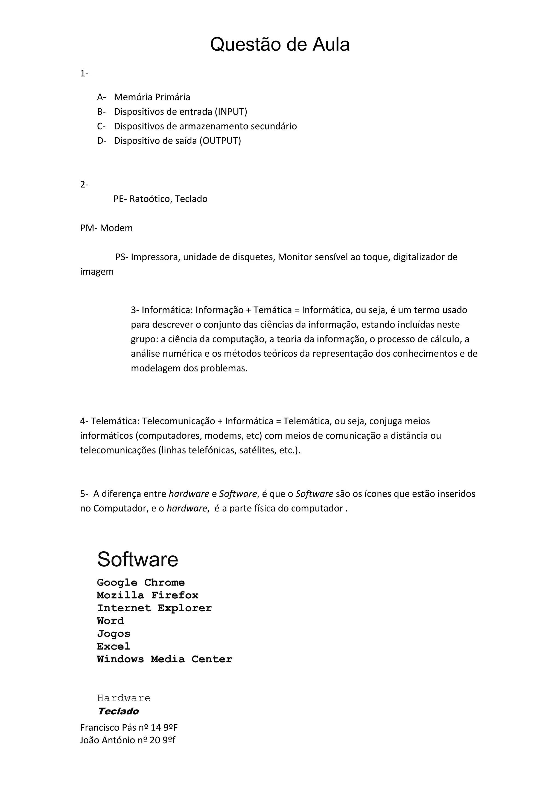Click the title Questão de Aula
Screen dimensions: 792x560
[280, 45]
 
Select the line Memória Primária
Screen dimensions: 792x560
[152, 97]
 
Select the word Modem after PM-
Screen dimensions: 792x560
[116, 228]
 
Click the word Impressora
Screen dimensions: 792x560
[154, 257]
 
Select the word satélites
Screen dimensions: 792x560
[258, 450]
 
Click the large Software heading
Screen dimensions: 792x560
[138, 559]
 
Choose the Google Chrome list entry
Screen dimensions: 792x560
[141, 583]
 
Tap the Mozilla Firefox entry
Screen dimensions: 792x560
[148, 595]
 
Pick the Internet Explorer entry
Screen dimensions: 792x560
[154, 608]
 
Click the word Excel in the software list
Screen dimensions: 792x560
[113, 647]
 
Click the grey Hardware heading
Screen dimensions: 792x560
[124, 698]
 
